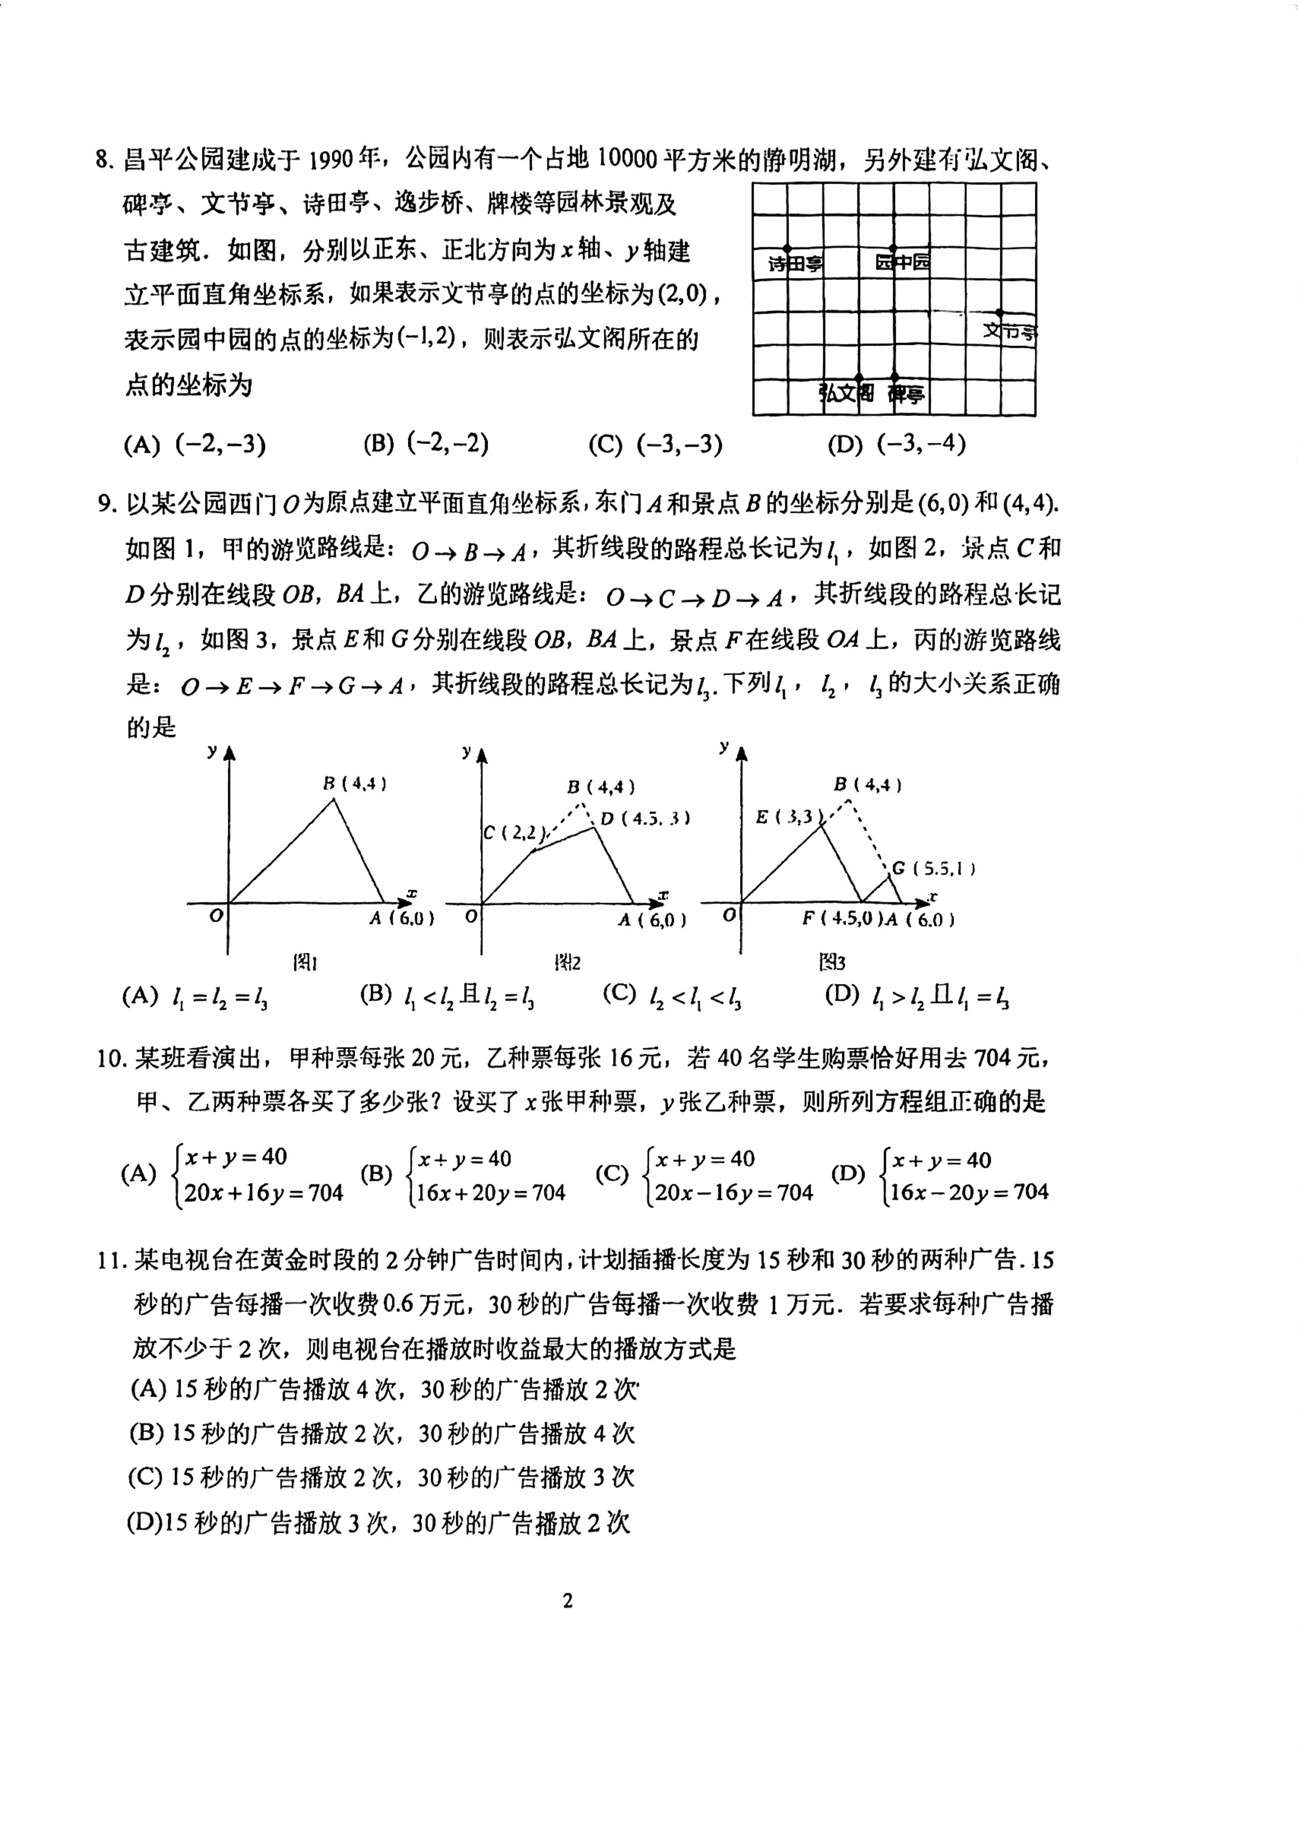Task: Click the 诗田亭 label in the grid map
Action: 795,264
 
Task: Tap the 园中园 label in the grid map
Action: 902,262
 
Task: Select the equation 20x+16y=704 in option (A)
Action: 263,1193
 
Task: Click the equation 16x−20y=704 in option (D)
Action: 969,1192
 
